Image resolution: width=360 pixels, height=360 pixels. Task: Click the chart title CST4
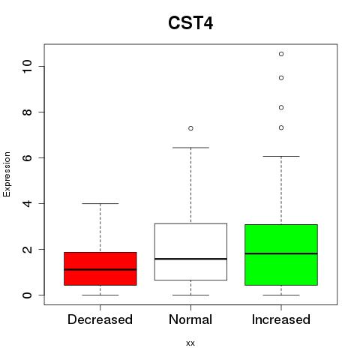tap(190, 23)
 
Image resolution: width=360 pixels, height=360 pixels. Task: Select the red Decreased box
tap(100, 268)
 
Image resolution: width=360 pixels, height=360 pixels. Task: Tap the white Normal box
tap(190, 252)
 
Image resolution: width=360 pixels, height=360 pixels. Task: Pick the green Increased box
tap(281, 255)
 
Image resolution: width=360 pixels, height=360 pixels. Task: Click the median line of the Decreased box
tap(100, 269)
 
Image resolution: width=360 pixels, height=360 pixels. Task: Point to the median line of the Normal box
tap(190, 259)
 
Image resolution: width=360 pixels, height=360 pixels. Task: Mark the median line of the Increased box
tap(281, 253)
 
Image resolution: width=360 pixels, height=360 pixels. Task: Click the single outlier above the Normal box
tap(190, 128)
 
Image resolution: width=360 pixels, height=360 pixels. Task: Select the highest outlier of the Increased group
tap(281, 54)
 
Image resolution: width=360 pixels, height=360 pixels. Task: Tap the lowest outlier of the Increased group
tap(281, 127)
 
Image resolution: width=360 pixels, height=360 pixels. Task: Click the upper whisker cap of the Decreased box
tap(100, 203)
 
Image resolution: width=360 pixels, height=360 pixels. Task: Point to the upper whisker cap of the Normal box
tap(190, 148)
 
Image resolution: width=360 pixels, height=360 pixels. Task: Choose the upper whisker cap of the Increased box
tap(281, 156)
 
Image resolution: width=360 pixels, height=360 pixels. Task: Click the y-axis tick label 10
tap(27, 66)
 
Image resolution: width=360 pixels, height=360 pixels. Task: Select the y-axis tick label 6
tap(27, 157)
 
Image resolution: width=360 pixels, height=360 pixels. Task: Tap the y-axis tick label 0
tap(27, 295)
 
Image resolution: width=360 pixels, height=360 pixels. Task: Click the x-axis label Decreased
tap(100, 319)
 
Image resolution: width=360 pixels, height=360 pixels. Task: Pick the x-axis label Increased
tap(281, 319)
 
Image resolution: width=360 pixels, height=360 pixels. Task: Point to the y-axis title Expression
tap(7, 174)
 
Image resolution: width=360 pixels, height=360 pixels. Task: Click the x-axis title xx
tap(190, 343)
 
